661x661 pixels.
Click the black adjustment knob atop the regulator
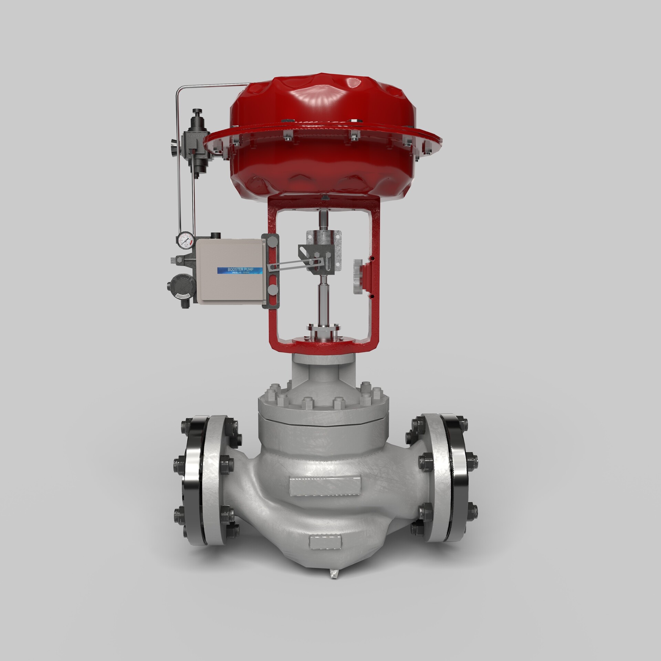pyautogui.click(x=197, y=113)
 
